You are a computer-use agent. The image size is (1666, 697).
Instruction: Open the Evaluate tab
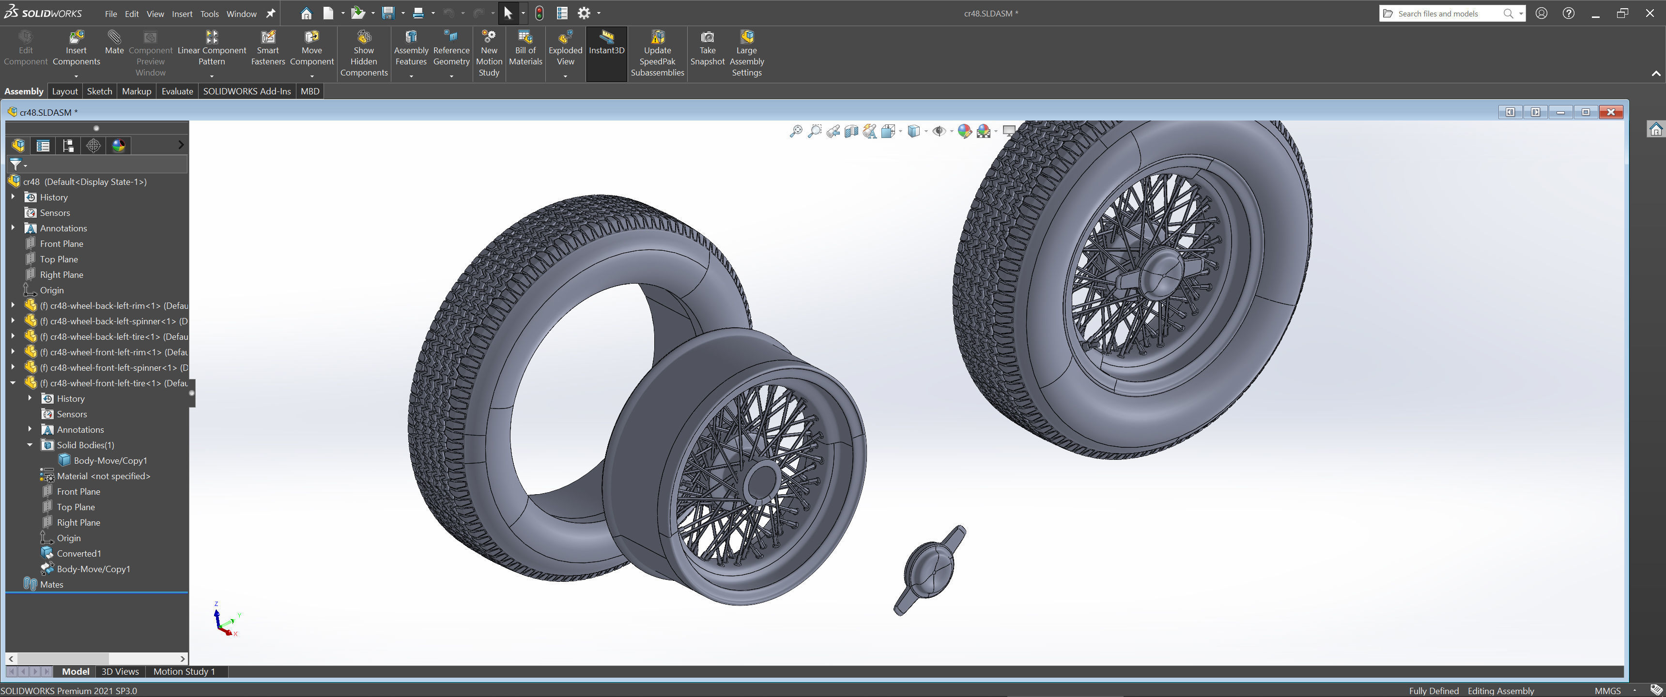pos(177,91)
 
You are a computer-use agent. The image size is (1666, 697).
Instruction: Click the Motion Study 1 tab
pos(184,671)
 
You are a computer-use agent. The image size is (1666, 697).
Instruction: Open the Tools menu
pos(209,14)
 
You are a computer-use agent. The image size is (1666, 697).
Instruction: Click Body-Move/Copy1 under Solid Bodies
pos(110,460)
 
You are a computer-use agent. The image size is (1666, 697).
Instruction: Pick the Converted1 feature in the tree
pos(78,553)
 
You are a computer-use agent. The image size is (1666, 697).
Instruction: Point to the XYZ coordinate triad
pos(224,621)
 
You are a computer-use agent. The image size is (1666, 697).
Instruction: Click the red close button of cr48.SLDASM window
pos(1610,112)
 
